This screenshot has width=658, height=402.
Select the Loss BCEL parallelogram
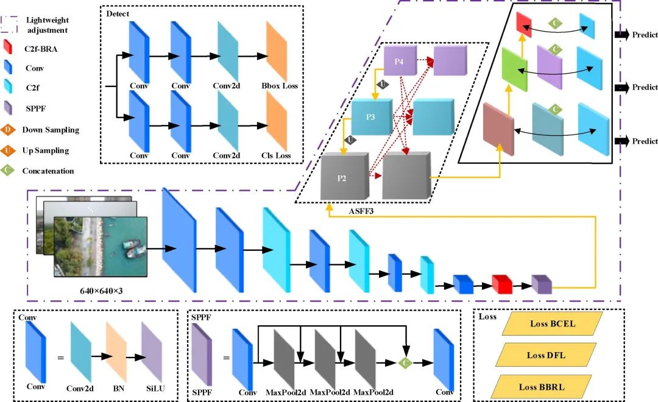[552, 324]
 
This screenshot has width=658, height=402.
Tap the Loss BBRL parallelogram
[541, 387]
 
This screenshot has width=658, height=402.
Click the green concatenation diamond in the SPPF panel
[405, 363]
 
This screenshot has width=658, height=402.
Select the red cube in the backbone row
[501, 284]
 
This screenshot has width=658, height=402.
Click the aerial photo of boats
[98, 244]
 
